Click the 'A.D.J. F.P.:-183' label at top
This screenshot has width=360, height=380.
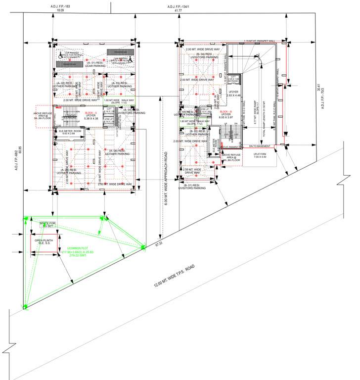(60, 5)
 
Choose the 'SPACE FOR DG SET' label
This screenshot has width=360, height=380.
(47, 225)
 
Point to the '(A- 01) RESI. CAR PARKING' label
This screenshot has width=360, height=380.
(93, 65)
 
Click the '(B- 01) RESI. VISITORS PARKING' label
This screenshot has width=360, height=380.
(193, 187)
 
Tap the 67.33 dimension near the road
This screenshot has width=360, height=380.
(159, 244)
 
